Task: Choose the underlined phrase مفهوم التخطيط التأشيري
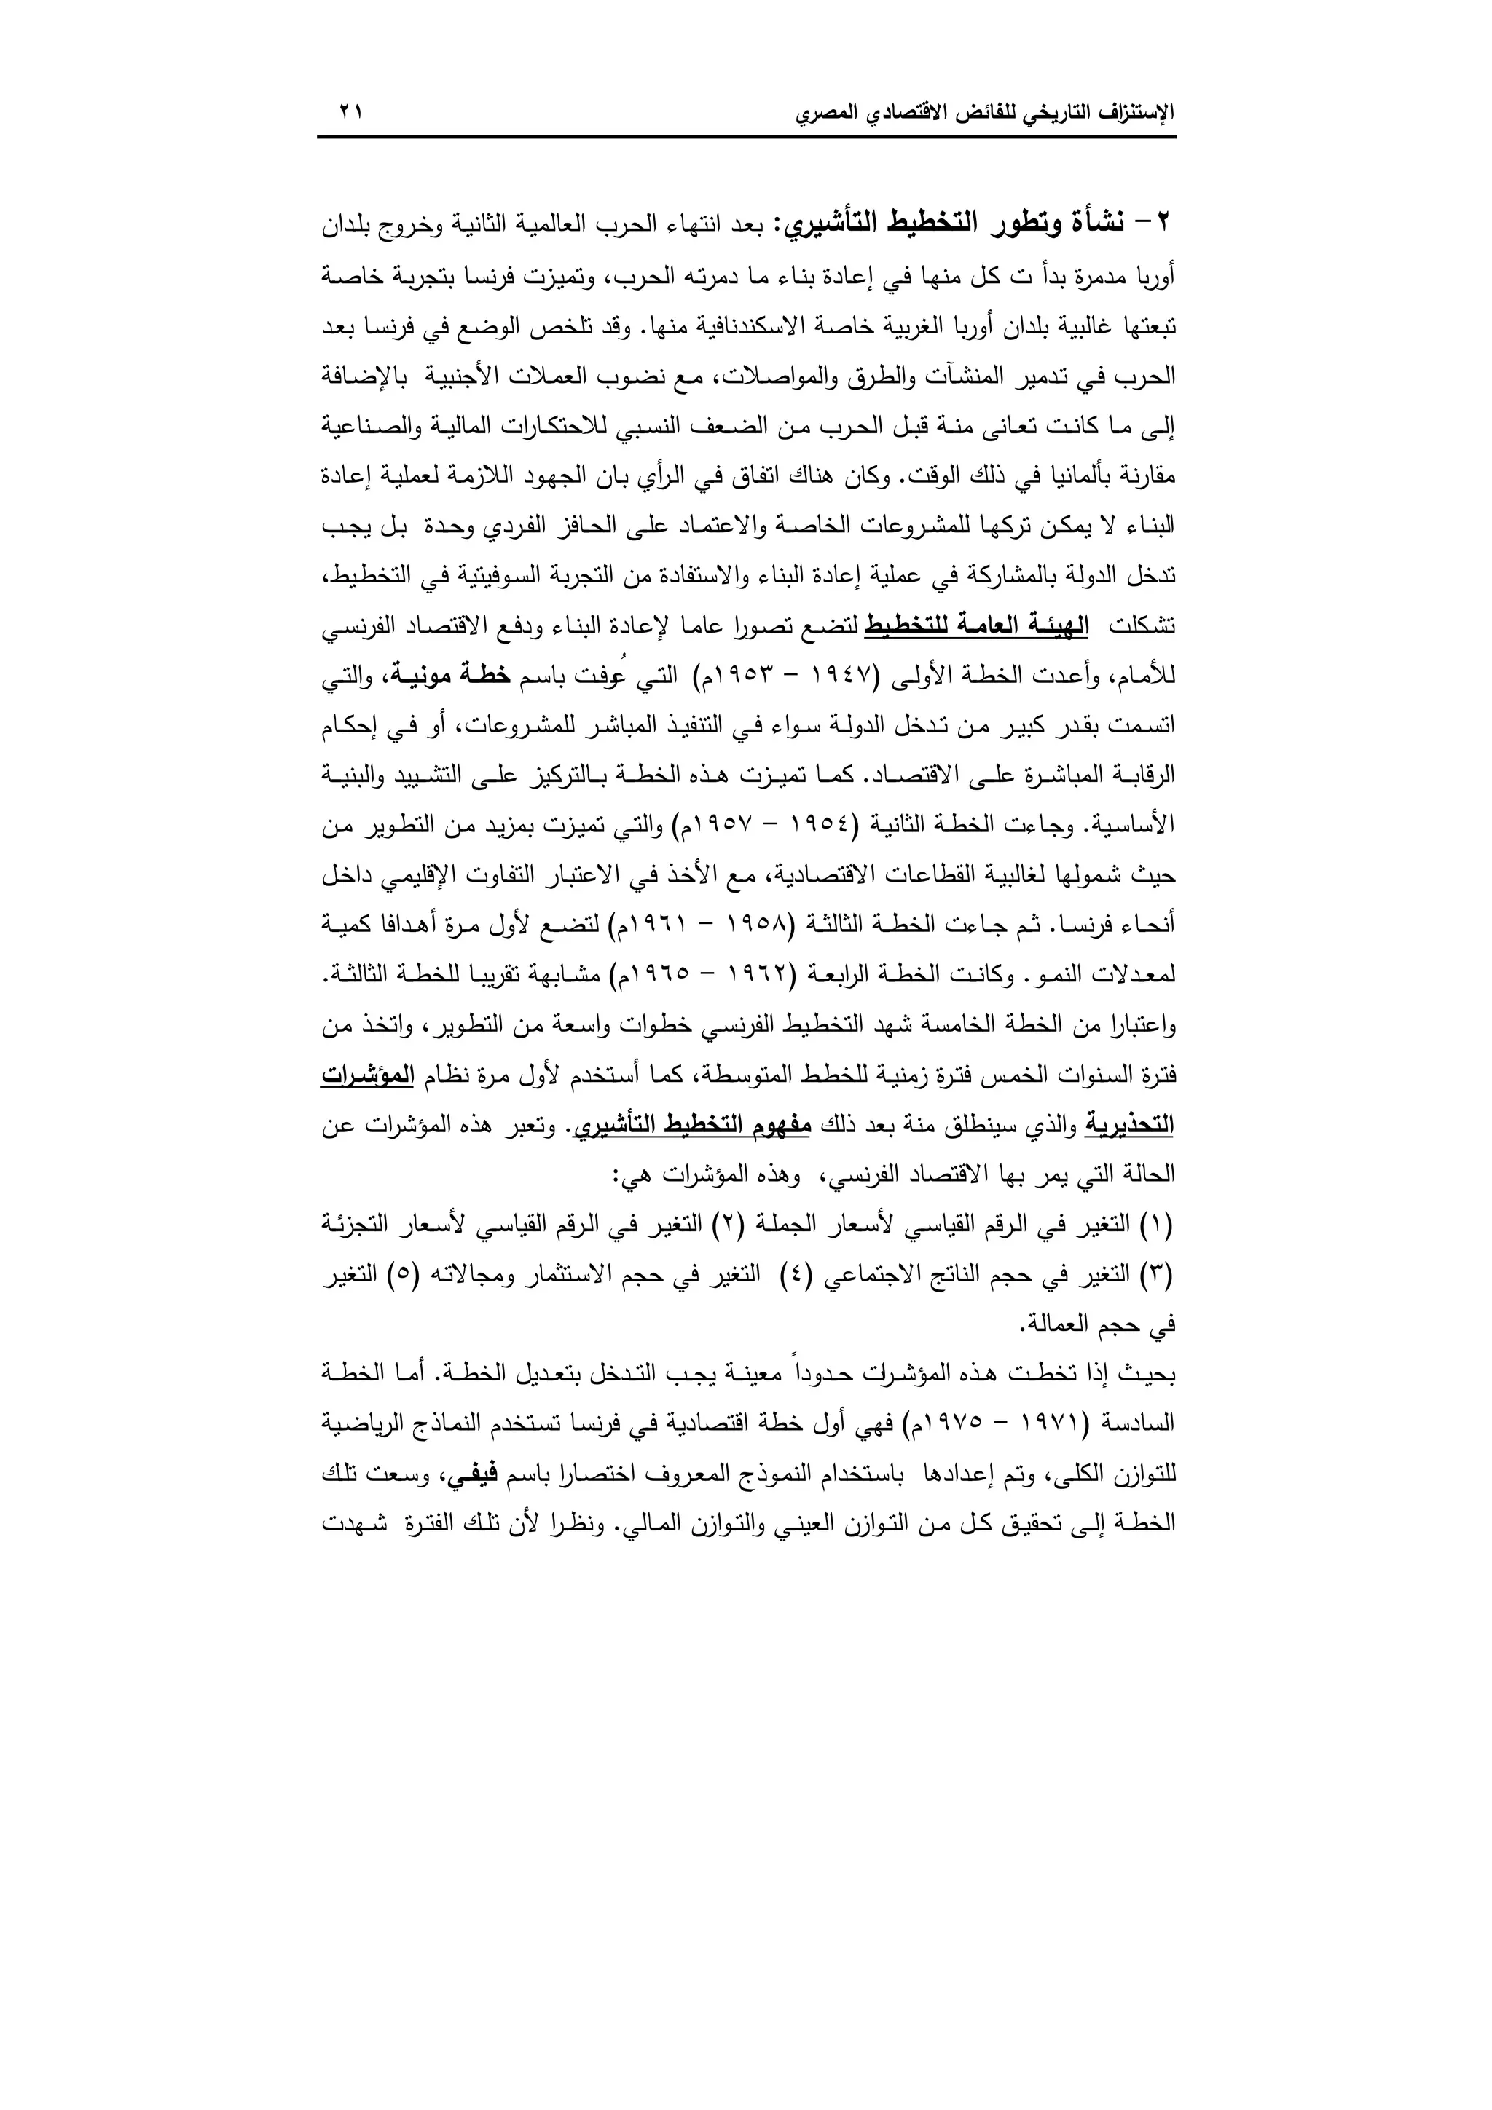coord(688,1125)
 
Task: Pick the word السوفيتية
coord(515,576)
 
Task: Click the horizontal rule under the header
coord(747,138)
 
